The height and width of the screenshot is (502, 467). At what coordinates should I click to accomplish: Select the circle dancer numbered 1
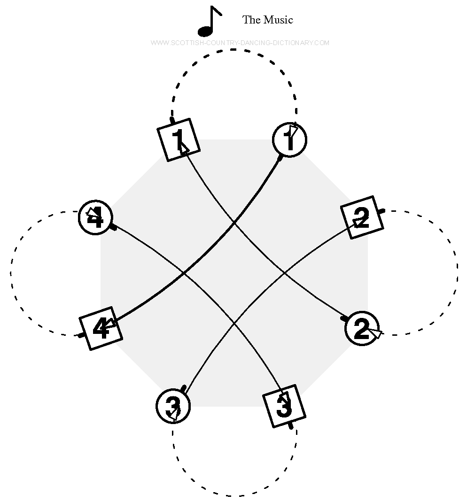pos(289,139)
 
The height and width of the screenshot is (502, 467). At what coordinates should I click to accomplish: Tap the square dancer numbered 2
pos(362,217)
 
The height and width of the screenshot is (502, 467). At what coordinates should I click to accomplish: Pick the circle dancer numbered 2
pos(362,328)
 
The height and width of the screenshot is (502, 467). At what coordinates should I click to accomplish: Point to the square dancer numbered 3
pos(283,406)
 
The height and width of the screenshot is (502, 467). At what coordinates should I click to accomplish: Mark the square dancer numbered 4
pos(101,328)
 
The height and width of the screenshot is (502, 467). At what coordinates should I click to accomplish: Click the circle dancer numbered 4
pos(95,218)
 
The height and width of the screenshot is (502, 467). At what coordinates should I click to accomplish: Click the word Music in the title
pos(278,20)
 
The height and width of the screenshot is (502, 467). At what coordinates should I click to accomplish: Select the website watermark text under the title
pos(240,43)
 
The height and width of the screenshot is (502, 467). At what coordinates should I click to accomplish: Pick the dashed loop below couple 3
pos(233,495)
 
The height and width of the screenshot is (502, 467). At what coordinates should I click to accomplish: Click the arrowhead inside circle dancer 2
pos(376,333)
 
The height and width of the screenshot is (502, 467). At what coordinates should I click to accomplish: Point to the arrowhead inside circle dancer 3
pos(174,413)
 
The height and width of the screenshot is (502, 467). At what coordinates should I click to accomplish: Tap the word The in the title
pos(251,20)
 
